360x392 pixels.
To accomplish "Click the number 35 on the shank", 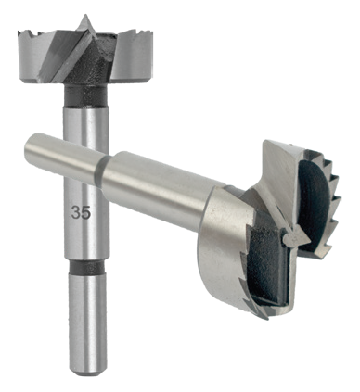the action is coord(81,213).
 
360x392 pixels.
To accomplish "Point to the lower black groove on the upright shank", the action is coord(86,267).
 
